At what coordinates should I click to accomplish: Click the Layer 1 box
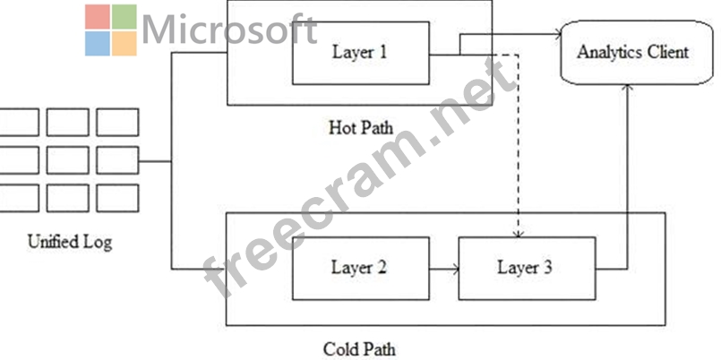point(360,52)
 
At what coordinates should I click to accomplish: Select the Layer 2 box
point(359,268)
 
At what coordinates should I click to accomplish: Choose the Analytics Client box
point(632,52)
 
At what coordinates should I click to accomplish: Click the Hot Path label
point(360,127)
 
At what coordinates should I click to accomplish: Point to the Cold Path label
point(358,347)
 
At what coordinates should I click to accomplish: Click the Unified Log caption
point(70,241)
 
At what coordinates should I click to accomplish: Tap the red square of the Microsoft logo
point(98,16)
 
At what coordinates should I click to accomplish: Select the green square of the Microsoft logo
point(124,16)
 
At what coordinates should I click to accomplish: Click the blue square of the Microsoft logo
point(98,43)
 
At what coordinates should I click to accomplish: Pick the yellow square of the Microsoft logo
point(124,43)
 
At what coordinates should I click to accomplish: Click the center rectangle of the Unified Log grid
point(68,160)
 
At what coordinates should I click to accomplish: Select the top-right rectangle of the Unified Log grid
point(117,123)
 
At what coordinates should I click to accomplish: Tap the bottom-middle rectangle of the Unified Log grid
point(68,198)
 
